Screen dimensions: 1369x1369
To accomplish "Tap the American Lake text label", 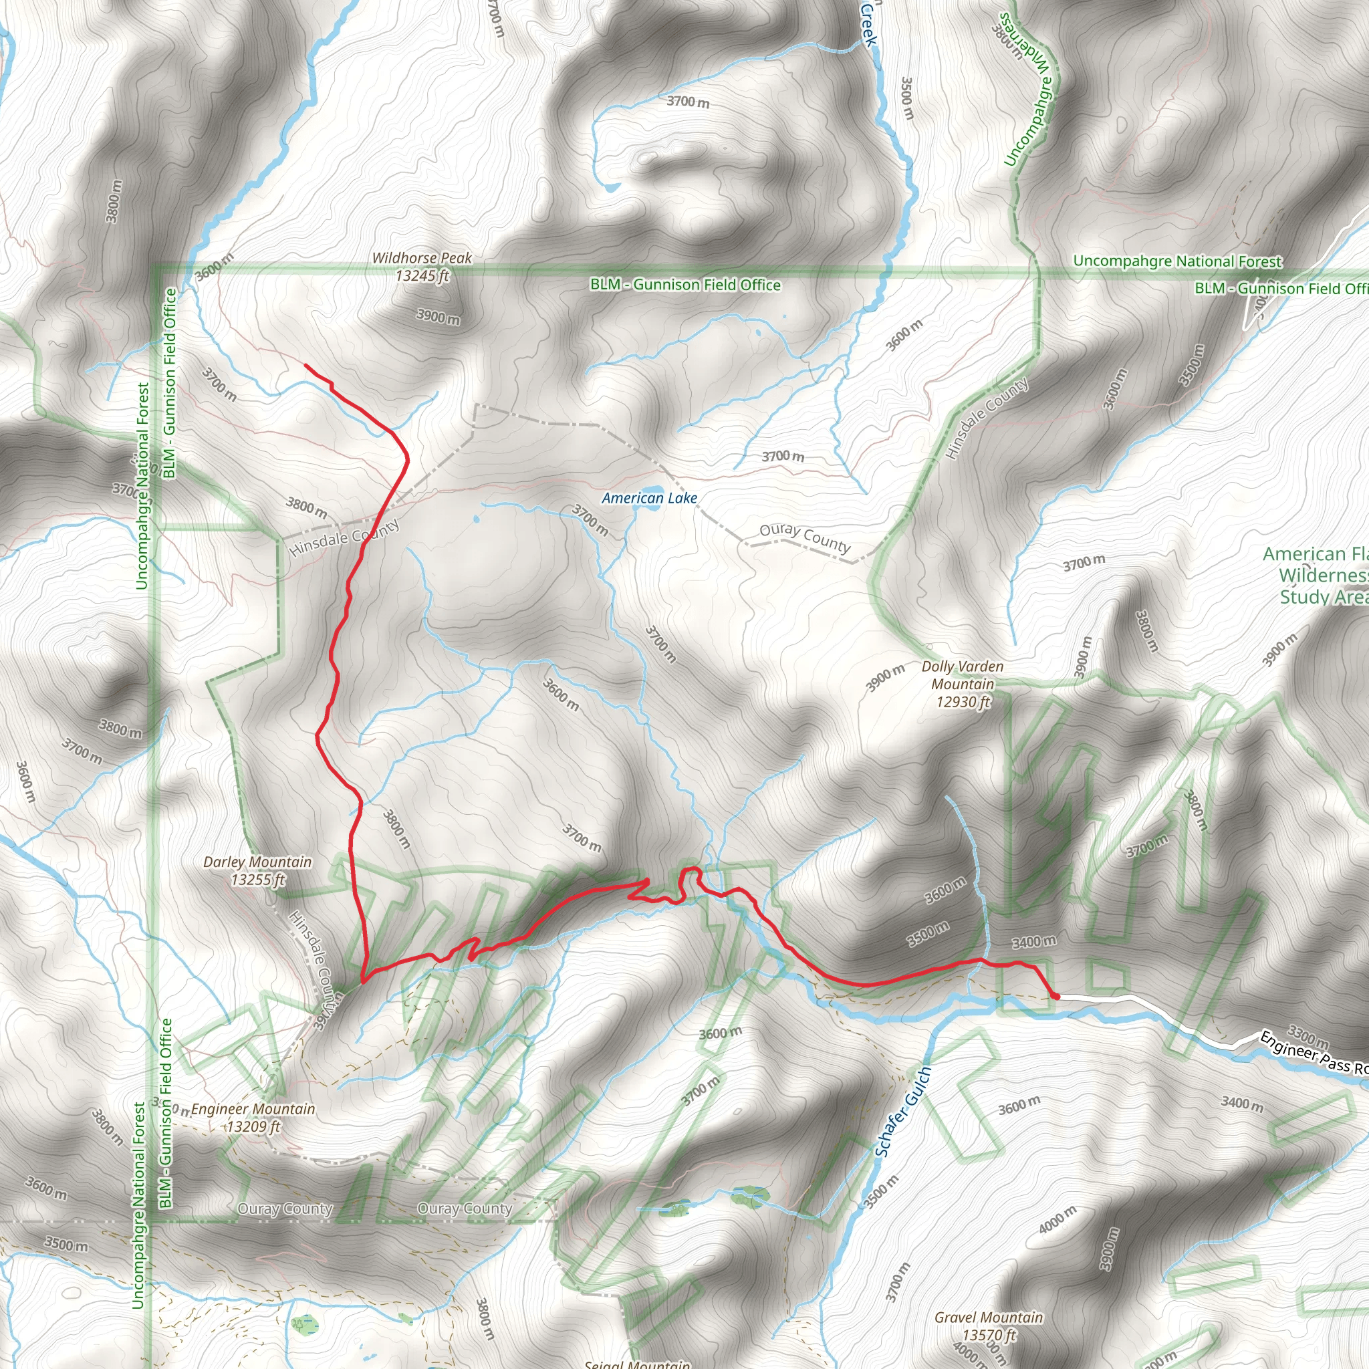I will coord(649,498).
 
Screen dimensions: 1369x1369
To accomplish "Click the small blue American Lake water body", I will coord(656,489).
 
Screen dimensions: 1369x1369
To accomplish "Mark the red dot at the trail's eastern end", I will coord(1055,996).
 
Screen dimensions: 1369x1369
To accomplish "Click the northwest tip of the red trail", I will coord(305,365).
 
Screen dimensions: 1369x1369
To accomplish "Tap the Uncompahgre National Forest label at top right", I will coord(1177,261).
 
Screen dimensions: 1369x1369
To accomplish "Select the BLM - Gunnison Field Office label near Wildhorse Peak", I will coord(685,285).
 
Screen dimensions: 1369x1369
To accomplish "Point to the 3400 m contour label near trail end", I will coord(1034,942).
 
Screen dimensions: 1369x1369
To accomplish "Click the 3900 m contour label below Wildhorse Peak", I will coord(438,317).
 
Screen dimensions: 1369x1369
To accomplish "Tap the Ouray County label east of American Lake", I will coord(804,538).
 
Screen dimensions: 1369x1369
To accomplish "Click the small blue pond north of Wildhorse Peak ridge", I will coord(610,188).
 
